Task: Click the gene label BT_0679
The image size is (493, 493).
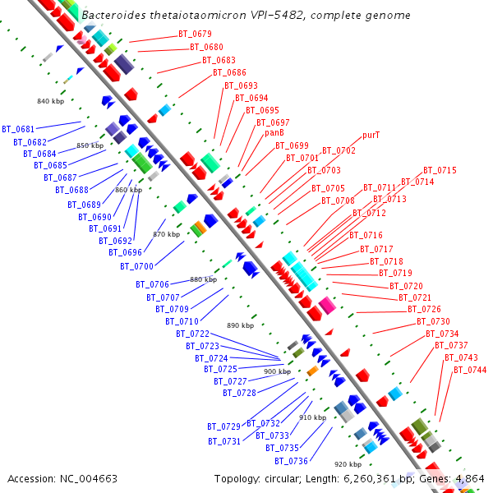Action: pyautogui.click(x=195, y=35)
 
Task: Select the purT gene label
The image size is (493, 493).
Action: pyautogui.click(x=371, y=136)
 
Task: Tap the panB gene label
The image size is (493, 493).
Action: pyautogui.click(x=274, y=132)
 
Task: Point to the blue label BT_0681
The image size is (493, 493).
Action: pyautogui.click(x=18, y=129)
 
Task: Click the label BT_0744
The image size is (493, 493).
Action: pyautogui.click(x=470, y=370)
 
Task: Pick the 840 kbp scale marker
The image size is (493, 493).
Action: pyautogui.click(x=50, y=101)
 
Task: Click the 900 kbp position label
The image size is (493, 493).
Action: pyautogui.click(x=277, y=371)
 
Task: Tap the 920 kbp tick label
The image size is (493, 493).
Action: pyautogui.click(x=348, y=464)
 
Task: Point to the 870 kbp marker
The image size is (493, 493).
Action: pyautogui.click(x=166, y=234)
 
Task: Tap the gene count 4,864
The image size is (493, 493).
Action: pyautogui.click(x=470, y=478)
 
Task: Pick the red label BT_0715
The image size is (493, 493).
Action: pyautogui.click(x=440, y=170)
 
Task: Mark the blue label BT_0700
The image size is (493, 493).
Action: pyautogui.click(x=136, y=266)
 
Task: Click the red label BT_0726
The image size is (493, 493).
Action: pyautogui.click(x=424, y=310)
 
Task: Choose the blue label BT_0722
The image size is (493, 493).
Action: pyautogui.click(x=192, y=334)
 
